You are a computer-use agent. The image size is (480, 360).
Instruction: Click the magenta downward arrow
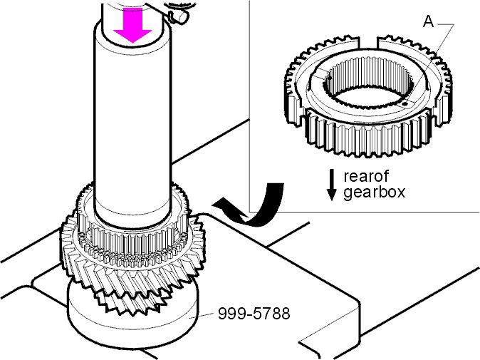(x=132, y=27)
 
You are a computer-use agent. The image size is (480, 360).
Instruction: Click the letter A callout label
(x=429, y=21)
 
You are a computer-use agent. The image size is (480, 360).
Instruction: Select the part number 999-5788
(x=254, y=314)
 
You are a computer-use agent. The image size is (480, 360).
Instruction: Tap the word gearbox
(x=374, y=192)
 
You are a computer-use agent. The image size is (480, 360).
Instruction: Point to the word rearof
(x=366, y=176)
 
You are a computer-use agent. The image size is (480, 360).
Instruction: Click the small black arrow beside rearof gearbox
(x=332, y=185)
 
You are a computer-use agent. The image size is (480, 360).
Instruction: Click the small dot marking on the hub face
(x=405, y=104)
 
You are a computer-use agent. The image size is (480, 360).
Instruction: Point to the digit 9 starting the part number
(x=222, y=314)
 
